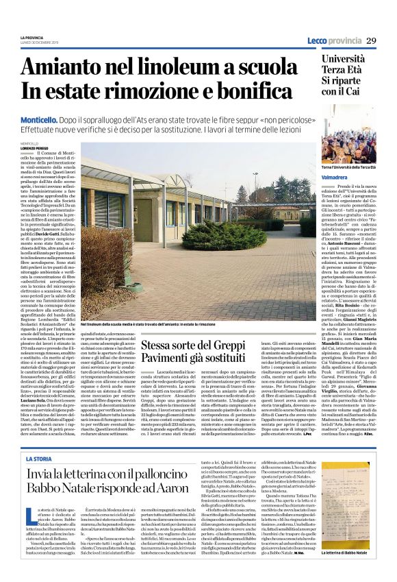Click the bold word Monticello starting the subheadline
134,119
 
